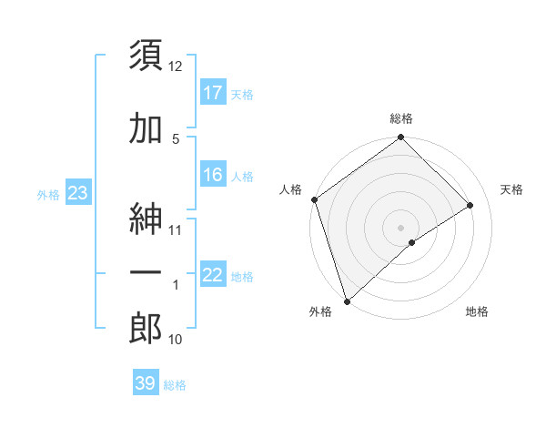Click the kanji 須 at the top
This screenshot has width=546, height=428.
[146, 56]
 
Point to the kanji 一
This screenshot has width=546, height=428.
[146, 272]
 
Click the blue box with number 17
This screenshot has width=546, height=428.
[213, 93]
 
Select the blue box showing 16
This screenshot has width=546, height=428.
[213, 175]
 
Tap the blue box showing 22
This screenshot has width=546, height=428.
[213, 275]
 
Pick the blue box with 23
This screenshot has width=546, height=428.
[78, 193]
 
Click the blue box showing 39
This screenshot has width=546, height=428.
[146, 383]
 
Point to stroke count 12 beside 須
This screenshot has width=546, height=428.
[176, 66]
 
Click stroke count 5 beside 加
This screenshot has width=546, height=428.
[176, 138]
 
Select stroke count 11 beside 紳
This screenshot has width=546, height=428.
[176, 229]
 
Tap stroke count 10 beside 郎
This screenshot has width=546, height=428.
[176, 340]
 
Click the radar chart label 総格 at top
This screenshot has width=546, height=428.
[401, 119]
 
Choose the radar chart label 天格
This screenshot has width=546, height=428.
[512, 189]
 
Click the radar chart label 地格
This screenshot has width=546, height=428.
[477, 312]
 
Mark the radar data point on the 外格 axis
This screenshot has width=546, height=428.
[346, 301]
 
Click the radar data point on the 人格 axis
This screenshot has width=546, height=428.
[314, 199]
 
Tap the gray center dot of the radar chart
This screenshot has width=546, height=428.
[400, 227]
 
